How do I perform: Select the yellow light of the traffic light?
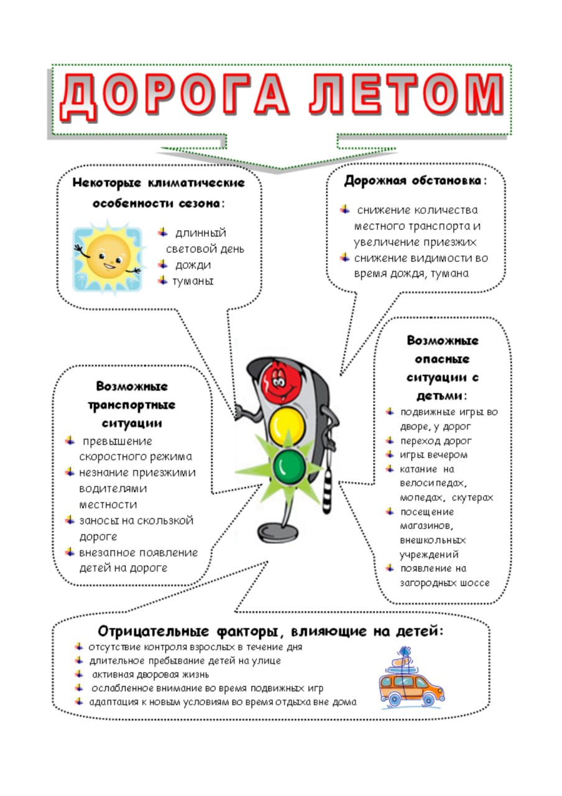click(x=288, y=424)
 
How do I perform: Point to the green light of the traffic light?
click(x=289, y=466)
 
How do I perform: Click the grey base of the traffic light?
click(x=277, y=532)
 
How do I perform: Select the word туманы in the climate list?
click(x=193, y=282)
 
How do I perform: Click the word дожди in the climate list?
click(x=193, y=266)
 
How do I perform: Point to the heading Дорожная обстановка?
click(x=412, y=181)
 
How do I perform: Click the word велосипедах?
click(x=433, y=483)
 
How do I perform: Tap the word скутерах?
click(x=472, y=498)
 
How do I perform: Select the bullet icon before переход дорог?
click(x=390, y=441)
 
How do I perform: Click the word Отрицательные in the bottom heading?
click(x=153, y=632)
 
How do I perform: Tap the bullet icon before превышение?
click(x=70, y=441)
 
